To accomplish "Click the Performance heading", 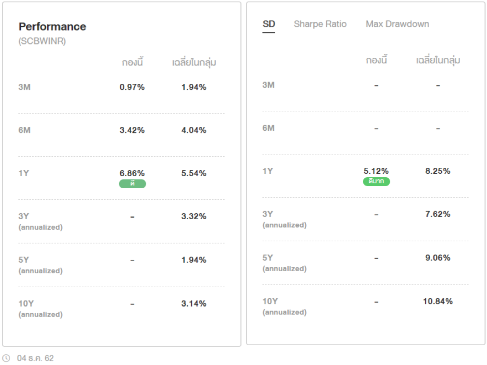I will tap(52, 26).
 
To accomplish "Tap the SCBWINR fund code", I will tap(42, 41).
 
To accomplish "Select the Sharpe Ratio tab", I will tap(320, 24).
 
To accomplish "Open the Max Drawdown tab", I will tap(397, 24).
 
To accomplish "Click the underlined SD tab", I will tap(268, 24).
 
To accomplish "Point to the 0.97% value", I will tap(132, 87).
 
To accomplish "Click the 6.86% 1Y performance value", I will tap(132, 173).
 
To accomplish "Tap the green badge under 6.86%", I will tap(132, 184).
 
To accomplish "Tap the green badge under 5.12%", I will tap(376, 181).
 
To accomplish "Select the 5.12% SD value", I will tap(376, 171).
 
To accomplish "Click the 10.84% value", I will tap(437, 302).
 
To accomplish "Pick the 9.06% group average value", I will tap(437, 258).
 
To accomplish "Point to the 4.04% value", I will tap(193, 130).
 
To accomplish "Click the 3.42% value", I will tap(132, 130).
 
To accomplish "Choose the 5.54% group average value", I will tap(193, 173).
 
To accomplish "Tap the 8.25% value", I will tap(437, 171).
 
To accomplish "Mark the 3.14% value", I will tap(193, 304).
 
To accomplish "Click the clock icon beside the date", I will tap(6, 358).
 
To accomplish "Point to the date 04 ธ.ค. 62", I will tap(35, 358).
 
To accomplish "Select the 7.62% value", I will tap(437, 214).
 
